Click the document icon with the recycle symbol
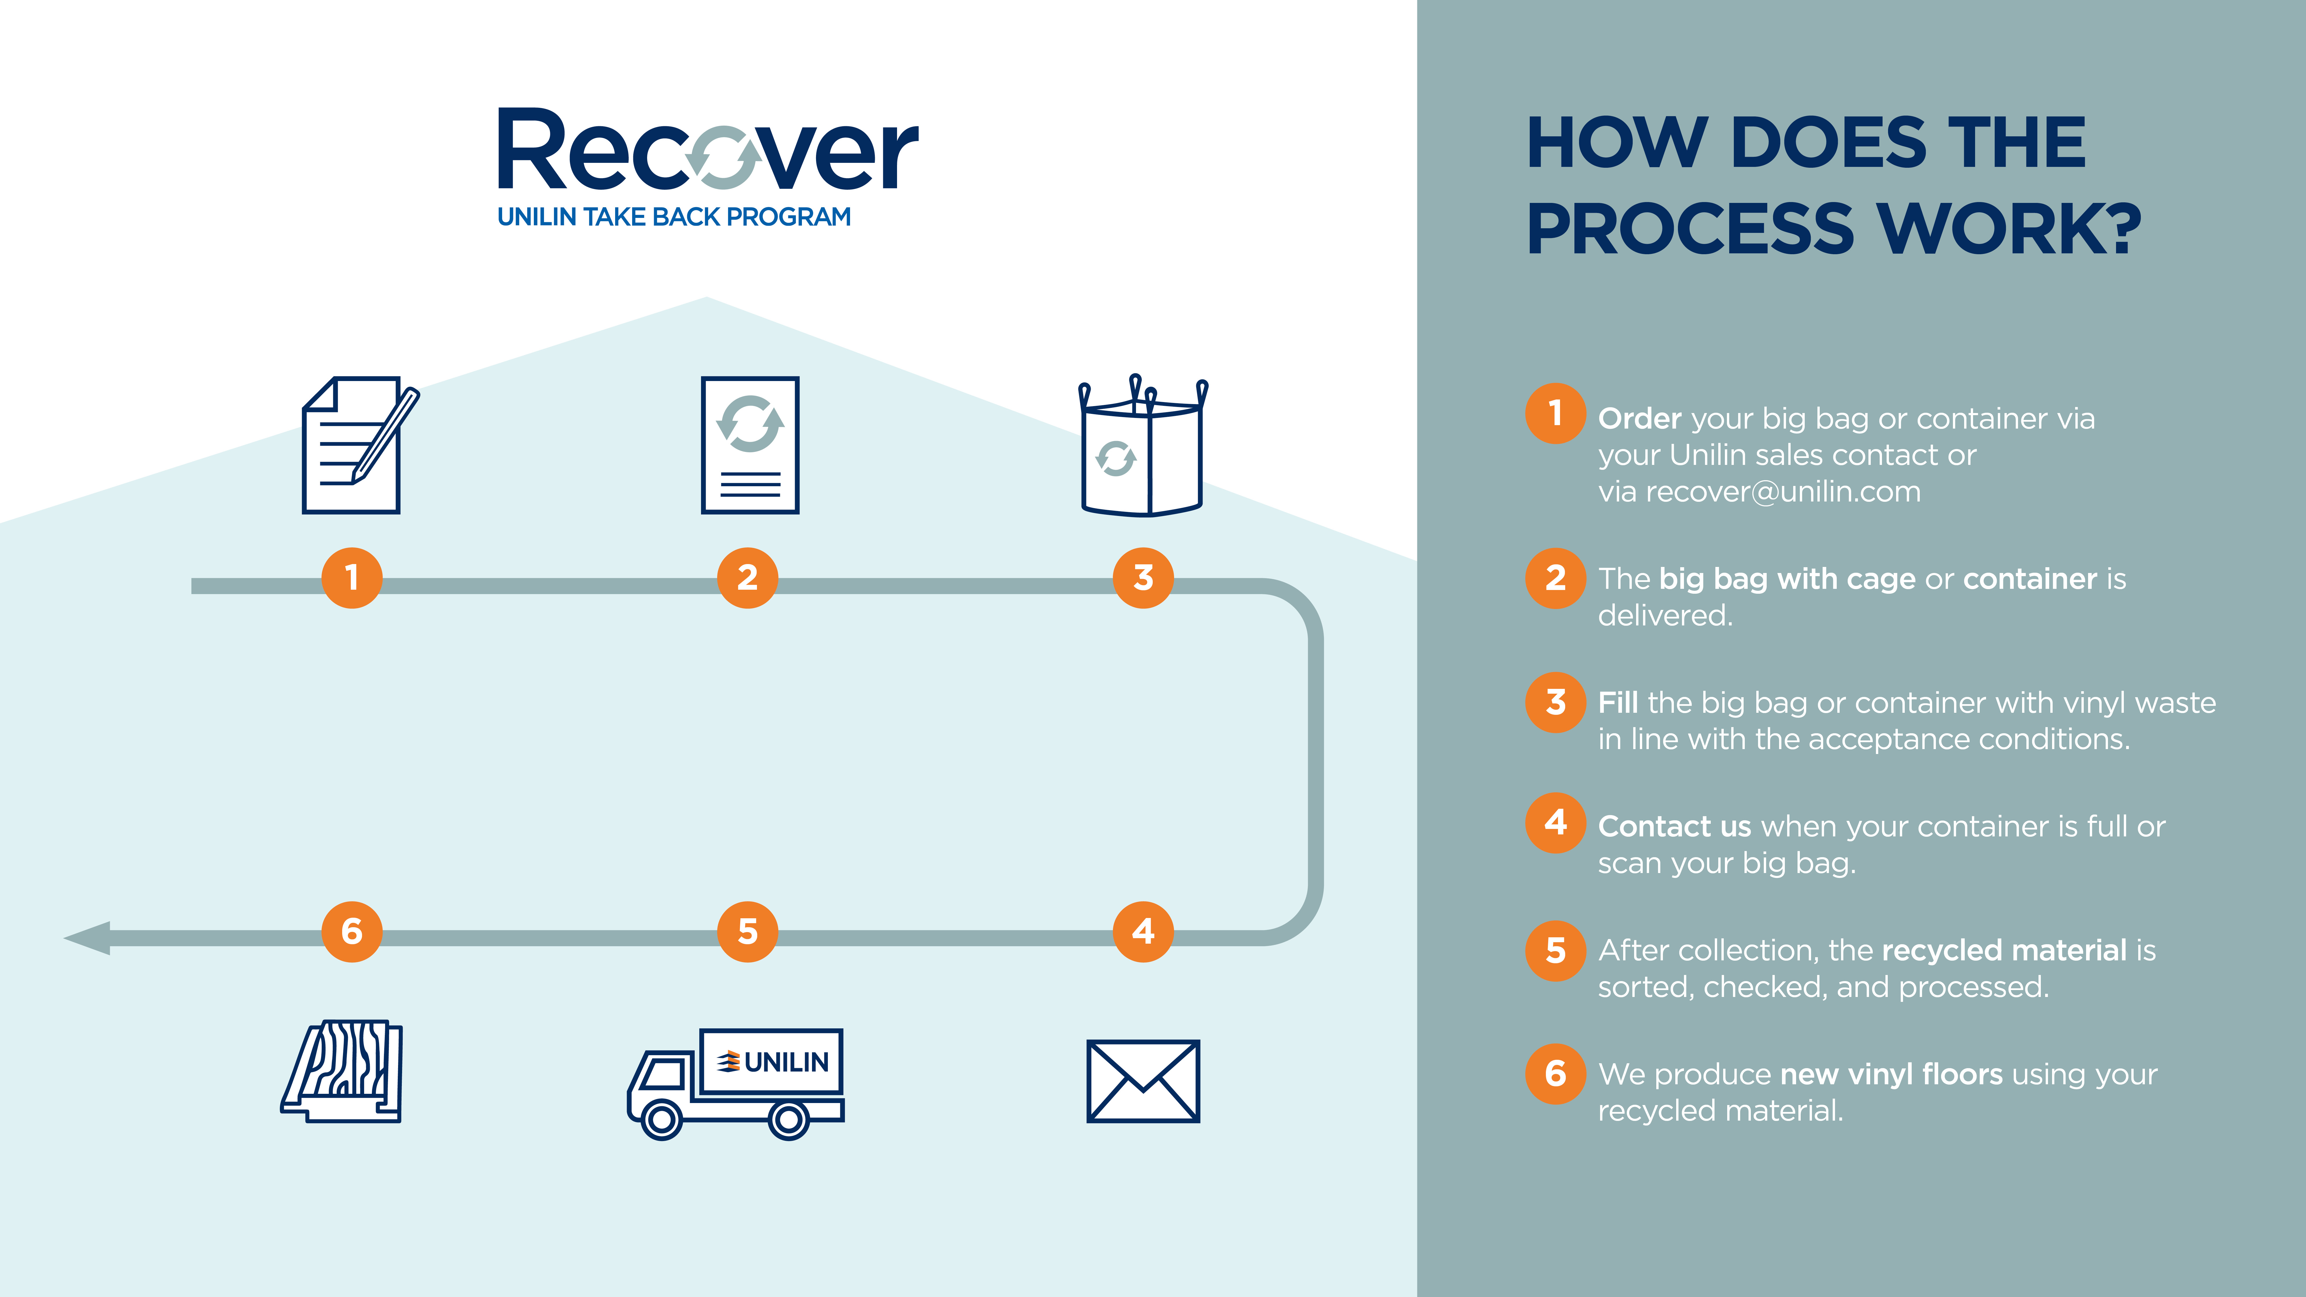click(x=750, y=445)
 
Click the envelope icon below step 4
click(x=1143, y=1081)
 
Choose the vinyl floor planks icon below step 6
click(x=342, y=1070)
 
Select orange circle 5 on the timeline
click(x=747, y=932)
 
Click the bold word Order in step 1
click(x=1640, y=418)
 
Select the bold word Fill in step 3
click(x=1619, y=703)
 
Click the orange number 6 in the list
click(x=1556, y=1073)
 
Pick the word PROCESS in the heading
click(x=1690, y=229)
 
